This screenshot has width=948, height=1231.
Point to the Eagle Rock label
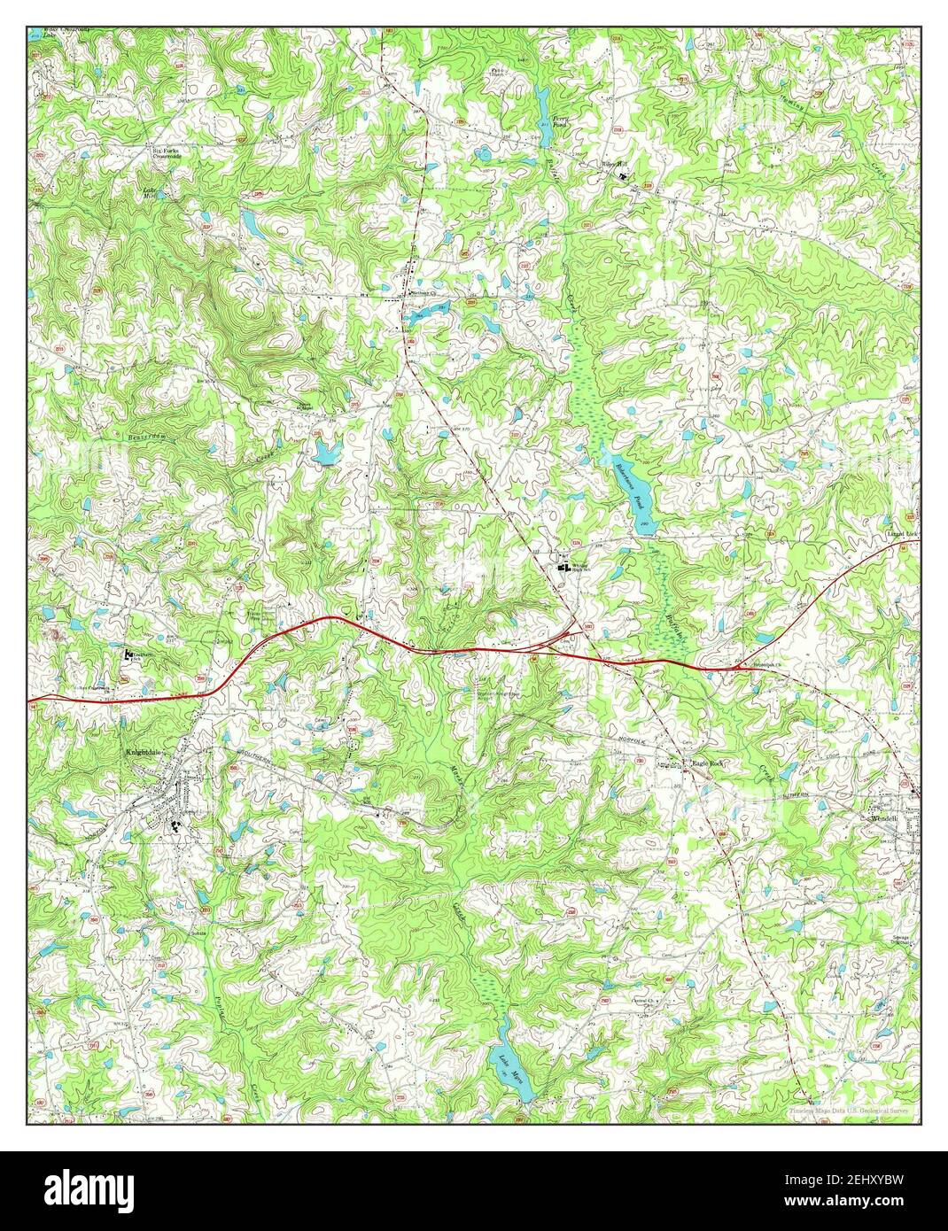coord(708,763)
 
